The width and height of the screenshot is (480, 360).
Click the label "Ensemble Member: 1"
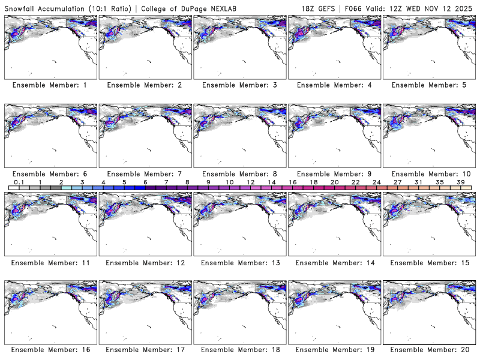click(50, 85)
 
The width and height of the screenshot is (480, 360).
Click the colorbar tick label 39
click(461, 182)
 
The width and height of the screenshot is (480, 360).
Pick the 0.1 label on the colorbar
click(19, 182)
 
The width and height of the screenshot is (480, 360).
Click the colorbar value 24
click(376, 182)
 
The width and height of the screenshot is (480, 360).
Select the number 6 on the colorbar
click(145, 182)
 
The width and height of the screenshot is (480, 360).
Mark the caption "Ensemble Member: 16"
click(50, 349)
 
